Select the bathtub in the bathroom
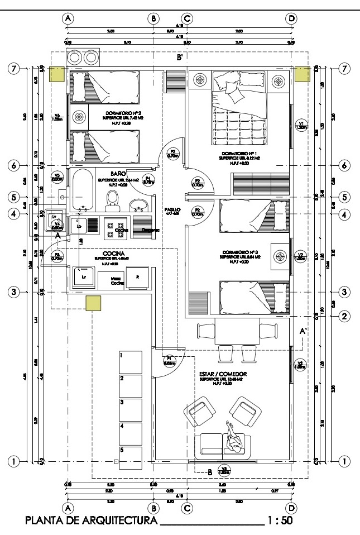[80, 190]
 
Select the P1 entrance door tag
[169, 361]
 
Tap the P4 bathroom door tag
[148, 180]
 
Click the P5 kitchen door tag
[56, 257]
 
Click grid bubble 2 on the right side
[344, 316]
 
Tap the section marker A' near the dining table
[304, 331]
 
